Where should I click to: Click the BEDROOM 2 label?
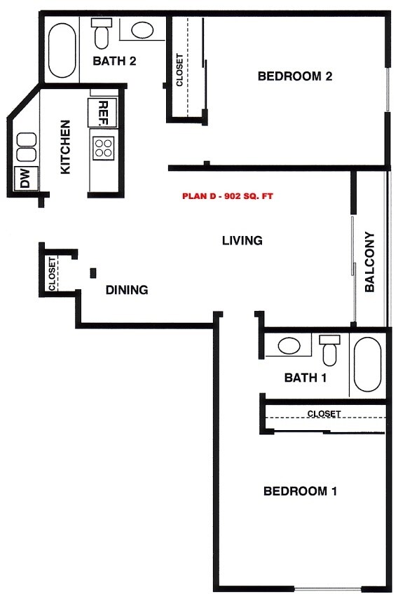(294, 76)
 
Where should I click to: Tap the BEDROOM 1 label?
(300, 491)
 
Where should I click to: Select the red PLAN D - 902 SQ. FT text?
(227, 197)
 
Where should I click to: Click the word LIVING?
(242, 241)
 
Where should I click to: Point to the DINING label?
(127, 289)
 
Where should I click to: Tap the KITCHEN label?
(65, 147)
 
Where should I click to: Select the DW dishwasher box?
(25, 179)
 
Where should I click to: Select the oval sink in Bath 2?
(144, 30)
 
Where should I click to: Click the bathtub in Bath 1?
(367, 365)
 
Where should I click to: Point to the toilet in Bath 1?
(329, 348)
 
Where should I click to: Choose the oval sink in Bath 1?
(289, 345)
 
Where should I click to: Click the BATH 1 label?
(306, 378)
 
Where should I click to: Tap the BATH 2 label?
(114, 61)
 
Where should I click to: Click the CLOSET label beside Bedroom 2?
(179, 70)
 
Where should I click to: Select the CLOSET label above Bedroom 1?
(324, 414)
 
